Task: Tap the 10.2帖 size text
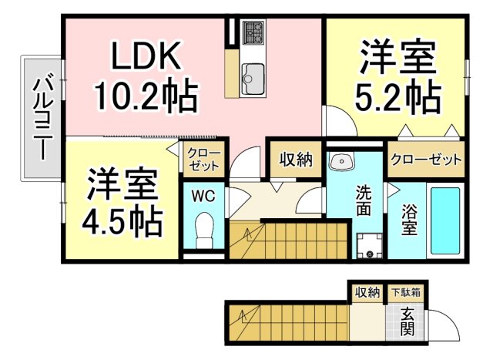coord(146,96)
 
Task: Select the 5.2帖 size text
coord(397,96)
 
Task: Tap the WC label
coord(204,195)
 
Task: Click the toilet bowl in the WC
coord(204,230)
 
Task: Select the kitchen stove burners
coord(253,33)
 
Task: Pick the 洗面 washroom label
coord(364,200)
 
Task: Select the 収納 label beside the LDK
coord(295,160)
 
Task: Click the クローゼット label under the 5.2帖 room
coord(426,160)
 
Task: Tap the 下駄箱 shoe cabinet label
coord(404,292)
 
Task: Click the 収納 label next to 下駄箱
coord(367,292)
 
